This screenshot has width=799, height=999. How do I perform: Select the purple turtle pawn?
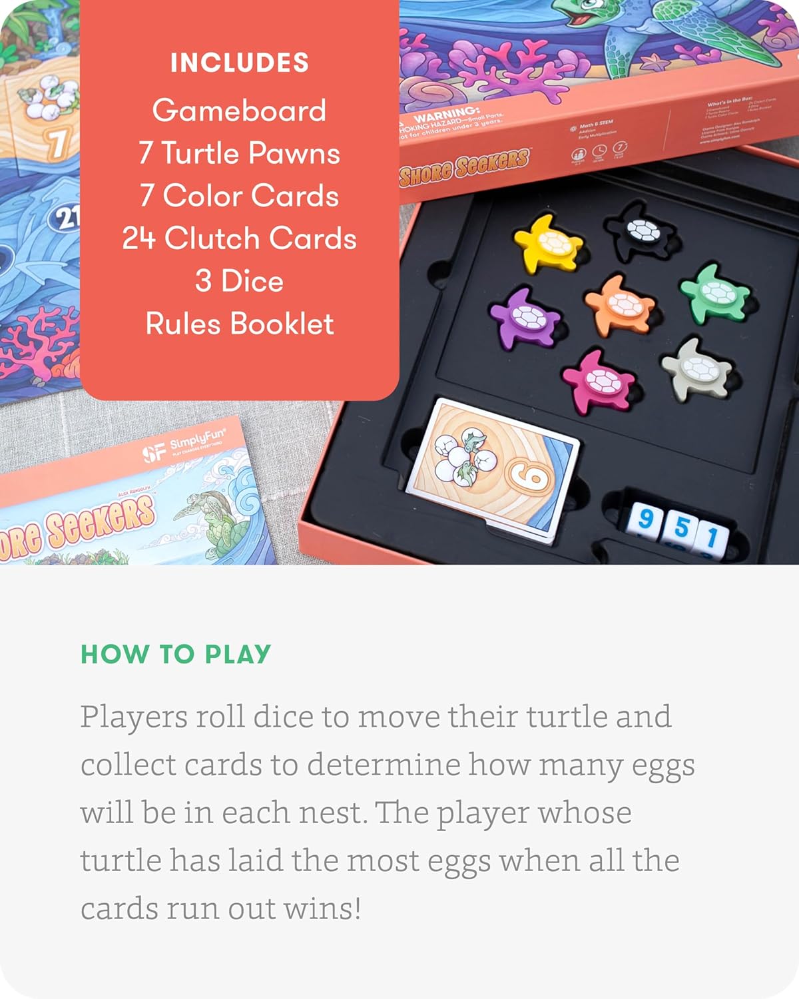526,316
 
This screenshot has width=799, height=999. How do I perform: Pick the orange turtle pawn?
620,304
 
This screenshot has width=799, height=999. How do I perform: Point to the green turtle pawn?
716,293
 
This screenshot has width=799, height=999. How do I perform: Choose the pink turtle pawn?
599,380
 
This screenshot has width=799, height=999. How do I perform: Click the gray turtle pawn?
698,368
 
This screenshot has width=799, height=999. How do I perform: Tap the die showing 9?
644,520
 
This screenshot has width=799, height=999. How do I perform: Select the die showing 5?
680,528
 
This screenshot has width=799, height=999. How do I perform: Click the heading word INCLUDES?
239,63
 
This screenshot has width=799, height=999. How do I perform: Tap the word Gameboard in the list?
239,111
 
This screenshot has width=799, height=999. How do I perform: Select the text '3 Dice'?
239,281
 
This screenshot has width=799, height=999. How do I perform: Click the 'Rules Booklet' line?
239,324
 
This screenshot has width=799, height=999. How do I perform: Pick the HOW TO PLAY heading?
176,654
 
